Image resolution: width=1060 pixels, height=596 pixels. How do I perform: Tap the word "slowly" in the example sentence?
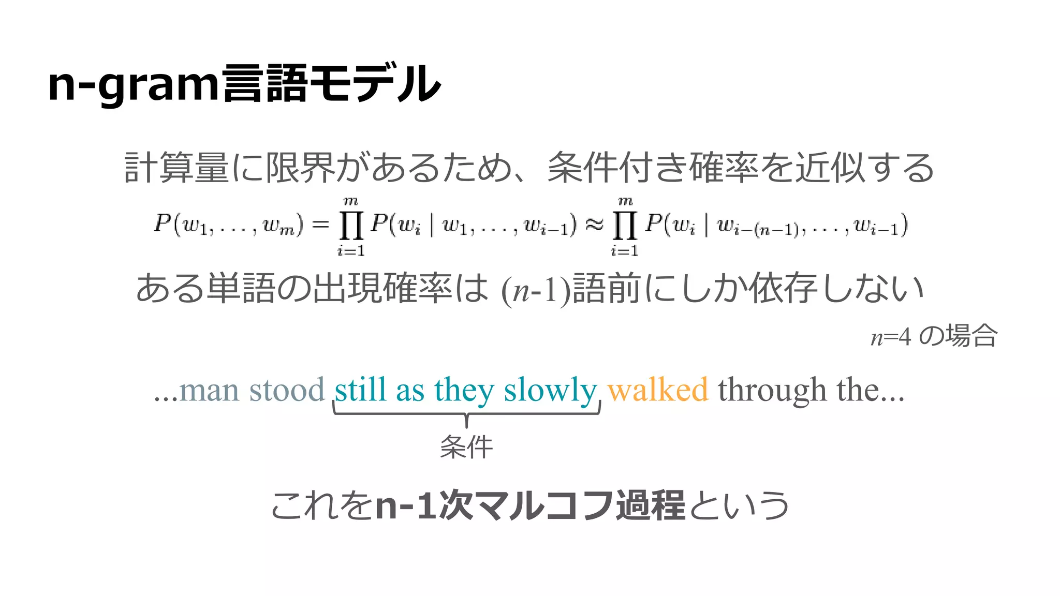pyautogui.click(x=550, y=391)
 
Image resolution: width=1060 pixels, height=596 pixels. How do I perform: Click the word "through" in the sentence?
pyautogui.click(x=772, y=391)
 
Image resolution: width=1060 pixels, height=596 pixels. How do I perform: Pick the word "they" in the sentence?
pyautogui.click(x=464, y=391)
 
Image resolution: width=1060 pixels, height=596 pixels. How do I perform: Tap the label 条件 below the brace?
pyautogui.click(x=466, y=447)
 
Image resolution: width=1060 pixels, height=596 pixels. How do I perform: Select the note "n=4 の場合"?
pyautogui.click(x=934, y=336)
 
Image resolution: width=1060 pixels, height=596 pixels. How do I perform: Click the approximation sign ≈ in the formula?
pyautogui.click(x=594, y=225)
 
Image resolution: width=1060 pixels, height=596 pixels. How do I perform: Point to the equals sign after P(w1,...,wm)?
pyautogui.click(x=320, y=225)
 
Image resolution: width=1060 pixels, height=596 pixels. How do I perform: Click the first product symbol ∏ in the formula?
pyautogui.click(x=351, y=226)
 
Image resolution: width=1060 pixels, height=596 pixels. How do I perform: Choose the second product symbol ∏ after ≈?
pyautogui.click(x=625, y=226)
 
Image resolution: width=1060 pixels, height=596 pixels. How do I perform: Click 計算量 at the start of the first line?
pyautogui.click(x=176, y=168)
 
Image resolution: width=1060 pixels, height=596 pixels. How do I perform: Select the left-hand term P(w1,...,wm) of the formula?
pyautogui.click(x=228, y=225)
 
